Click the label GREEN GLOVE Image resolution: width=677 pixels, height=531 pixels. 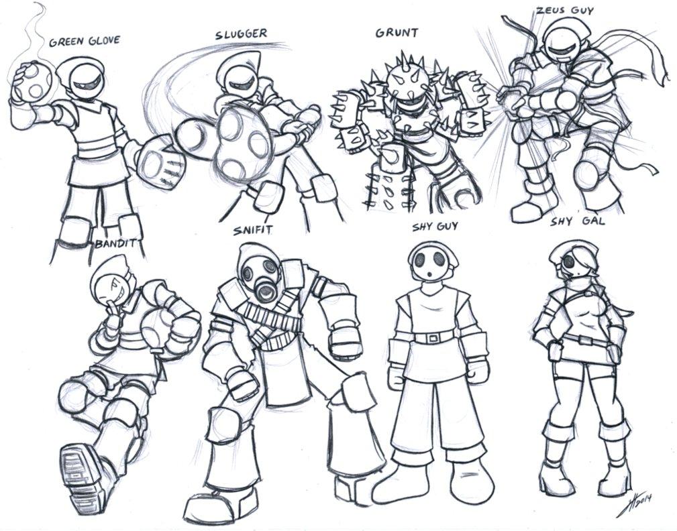84,42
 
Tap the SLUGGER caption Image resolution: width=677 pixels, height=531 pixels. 241,34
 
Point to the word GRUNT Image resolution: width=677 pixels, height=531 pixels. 397,33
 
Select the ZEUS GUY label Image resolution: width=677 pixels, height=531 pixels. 564,9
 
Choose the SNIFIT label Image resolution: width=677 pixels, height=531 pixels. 253,230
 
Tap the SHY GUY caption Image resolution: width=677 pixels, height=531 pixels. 435,227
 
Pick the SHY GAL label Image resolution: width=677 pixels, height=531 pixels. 578,222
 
